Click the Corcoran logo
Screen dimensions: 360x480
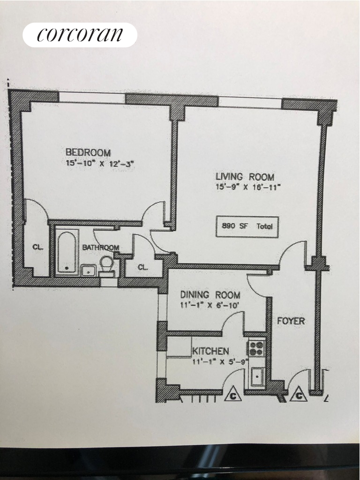pyautogui.click(x=80, y=35)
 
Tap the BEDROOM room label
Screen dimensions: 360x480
pyautogui.click(x=88, y=152)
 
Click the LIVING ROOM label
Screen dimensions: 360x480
pyautogui.click(x=245, y=177)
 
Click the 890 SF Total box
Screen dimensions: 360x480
pyautogui.click(x=247, y=226)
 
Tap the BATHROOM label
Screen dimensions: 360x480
pyautogui.click(x=101, y=247)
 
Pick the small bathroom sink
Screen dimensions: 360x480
pyautogui.click(x=88, y=270)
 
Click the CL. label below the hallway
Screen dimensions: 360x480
pyautogui.click(x=143, y=267)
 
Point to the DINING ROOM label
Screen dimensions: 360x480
pyautogui.click(x=210, y=295)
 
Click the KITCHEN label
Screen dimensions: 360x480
pyautogui.click(x=210, y=351)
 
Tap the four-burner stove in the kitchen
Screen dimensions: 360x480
pyautogui.click(x=256, y=348)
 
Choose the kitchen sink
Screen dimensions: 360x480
pyautogui.click(x=257, y=376)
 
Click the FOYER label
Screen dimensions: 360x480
pyautogui.click(x=291, y=321)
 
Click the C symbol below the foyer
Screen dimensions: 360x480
pyautogui.click(x=297, y=396)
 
